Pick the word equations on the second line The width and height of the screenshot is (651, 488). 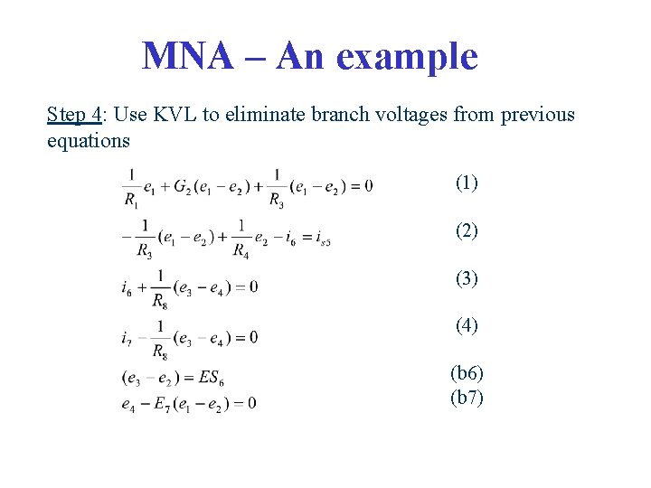coord(88,141)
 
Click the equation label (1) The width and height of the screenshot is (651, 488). coord(467,183)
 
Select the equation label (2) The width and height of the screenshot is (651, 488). coord(467,230)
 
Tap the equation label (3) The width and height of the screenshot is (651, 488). coord(467,278)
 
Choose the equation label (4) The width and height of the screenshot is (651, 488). coord(467,325)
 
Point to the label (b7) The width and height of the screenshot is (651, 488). coord(467,397)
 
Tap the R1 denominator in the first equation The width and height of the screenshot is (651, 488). coord(132,201)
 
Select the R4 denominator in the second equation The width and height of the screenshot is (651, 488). coord(241,250)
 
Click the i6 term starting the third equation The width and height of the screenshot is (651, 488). coord(127,287)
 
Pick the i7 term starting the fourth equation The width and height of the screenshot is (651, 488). coord(127,338)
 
